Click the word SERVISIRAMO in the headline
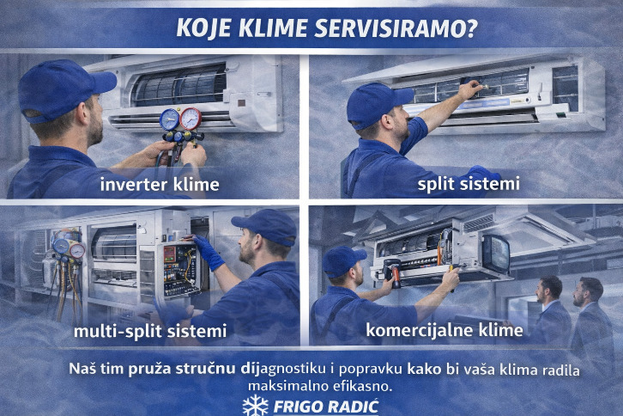click(396, 28)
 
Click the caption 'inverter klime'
click(160, 184)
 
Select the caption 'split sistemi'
click(469, 184)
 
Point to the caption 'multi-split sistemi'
click(150, 331)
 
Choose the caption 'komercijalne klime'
click(445, 329)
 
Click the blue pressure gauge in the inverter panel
click(170, 119)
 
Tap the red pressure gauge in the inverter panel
click(191, 119)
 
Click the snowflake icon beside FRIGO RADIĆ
click(256, 406)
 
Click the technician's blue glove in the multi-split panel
click(209, 253)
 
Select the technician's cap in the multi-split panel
click(266, 226)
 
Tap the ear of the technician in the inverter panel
click(82, 113)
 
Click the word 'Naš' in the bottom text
click(82, 368)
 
